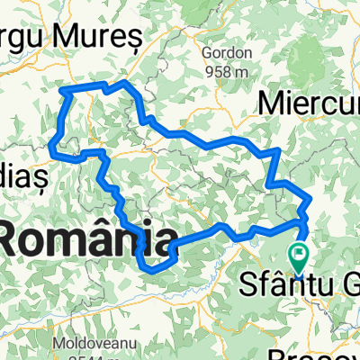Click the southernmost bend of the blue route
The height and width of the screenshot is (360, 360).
point(150,267)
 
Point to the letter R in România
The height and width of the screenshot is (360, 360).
point(16,241)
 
